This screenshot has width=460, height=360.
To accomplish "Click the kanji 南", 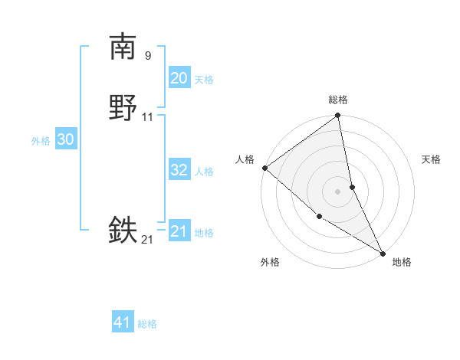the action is click(x=123, y=47).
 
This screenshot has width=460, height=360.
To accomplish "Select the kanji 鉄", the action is click(x=123, y=230).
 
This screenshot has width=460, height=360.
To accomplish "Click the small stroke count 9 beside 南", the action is click(x=147, y=55).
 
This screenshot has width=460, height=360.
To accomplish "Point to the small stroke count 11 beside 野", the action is click(x=148, y=117).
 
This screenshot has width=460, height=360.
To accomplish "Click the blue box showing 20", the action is click(x=179, y=78).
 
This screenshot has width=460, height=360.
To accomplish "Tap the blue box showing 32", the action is click(x=179, y=170).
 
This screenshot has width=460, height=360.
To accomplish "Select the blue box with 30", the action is click(x=66, y=139).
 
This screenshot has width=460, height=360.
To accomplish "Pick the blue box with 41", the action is click(x=123, y=322).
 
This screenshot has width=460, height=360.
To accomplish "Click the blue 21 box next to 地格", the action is click(x=179, y=231).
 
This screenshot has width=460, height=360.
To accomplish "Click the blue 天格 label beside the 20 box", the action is click(x=204, y=80).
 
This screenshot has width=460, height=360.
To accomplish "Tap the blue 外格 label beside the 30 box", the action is click(x=41, y=141).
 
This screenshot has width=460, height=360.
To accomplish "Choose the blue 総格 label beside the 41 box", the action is click(x=147, y=324).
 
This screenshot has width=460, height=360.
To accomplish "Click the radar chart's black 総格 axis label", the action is click(x=338, y=100).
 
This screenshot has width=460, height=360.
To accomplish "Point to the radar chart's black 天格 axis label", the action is click(x=432, y=159).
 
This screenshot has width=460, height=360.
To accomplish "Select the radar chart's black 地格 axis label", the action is click(x=402, y=262).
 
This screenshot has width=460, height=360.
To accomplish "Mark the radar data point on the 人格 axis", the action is click(x=264, y=168).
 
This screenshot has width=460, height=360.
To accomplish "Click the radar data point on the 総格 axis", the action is click(x=338, y=116).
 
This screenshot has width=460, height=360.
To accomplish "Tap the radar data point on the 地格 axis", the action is click(x=383, y=253).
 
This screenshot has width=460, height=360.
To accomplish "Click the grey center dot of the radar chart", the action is click(x=338, y=191).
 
